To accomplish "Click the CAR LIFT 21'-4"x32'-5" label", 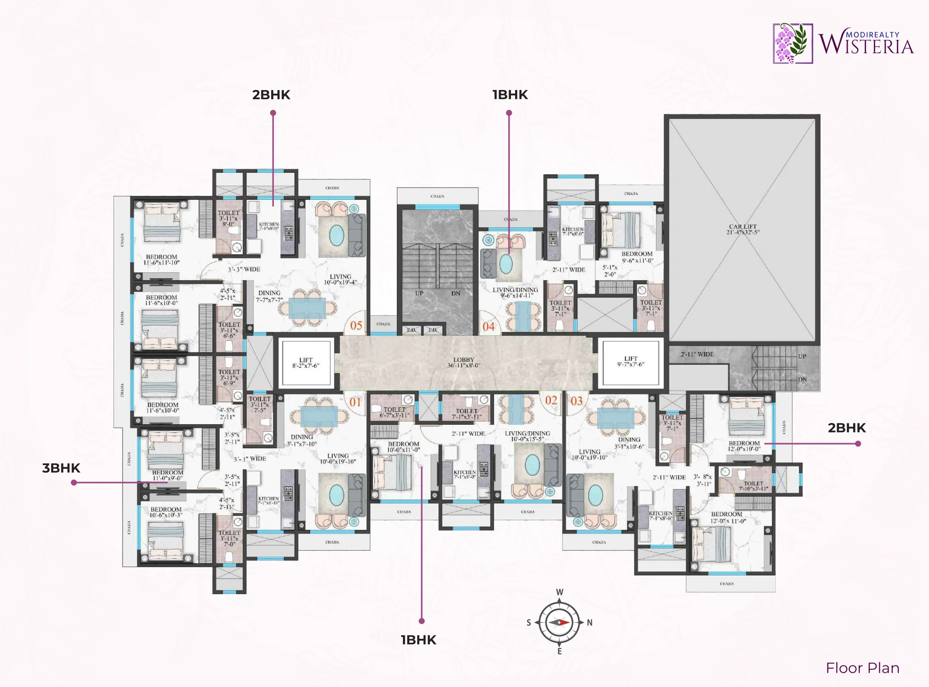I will click(x=742, y=229).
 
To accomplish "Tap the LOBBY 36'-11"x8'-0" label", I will click(x=464, y=362).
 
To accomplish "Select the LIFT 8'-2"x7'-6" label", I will click(x=306, y=363).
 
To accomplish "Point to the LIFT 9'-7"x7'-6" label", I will click(x=630, y=361).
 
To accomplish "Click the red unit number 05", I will click(x=356, y=326).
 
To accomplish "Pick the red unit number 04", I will click(x=488, y=327).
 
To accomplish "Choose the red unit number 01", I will click(x=355, y=402).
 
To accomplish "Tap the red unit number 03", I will click(x=577, y=401).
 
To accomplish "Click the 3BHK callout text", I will click(x=61, y=468).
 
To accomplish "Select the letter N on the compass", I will click(x=589, y=623).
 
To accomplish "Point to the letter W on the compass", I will click(x=559, y=592).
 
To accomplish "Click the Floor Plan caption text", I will click(x=862, y=668).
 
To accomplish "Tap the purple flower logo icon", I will click(x=792, y=43).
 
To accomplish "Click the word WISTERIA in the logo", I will click(x=866, y=46).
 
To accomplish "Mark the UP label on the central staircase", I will click(x=419, y=293).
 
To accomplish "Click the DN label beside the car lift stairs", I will click(x=802, y=380).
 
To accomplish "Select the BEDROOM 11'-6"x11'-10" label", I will click(x=161, y=259).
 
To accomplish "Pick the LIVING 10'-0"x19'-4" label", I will click(x=340, y=279).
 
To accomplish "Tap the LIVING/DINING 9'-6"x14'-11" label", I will click(x=515, y=293).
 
